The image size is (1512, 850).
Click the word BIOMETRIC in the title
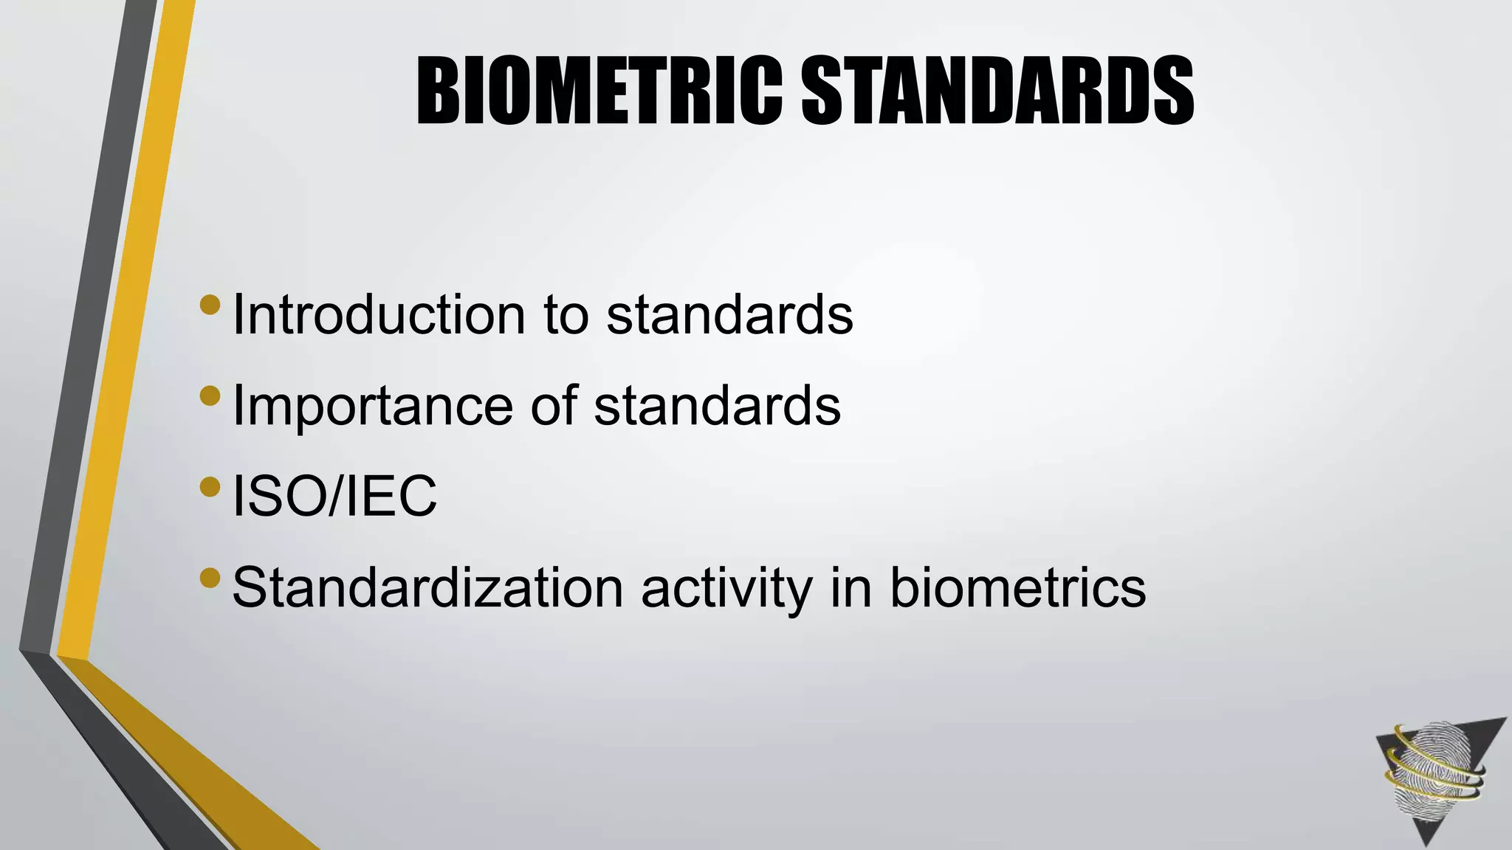click(x=598, y=91)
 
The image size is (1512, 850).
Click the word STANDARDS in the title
click(x=997, y=91)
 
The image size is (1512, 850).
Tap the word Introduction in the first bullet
click(x=379, y=315)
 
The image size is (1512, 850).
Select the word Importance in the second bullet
click(x=372, y=406)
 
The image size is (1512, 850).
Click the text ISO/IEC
click(x=334, y=497)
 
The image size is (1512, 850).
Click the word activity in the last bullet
click(x=726, y=588)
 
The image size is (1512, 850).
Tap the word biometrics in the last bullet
click(x=1017, y=588)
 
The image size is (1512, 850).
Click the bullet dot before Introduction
click(x=210, y=305)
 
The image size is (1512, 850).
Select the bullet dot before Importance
click(x=210, y=395)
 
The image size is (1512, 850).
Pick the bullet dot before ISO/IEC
click(x=210, y=486)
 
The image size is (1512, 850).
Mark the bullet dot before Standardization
click(x=210, y=578)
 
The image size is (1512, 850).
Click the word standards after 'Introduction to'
click(x=729, y=315)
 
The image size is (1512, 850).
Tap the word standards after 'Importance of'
click(x=717, y=406)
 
